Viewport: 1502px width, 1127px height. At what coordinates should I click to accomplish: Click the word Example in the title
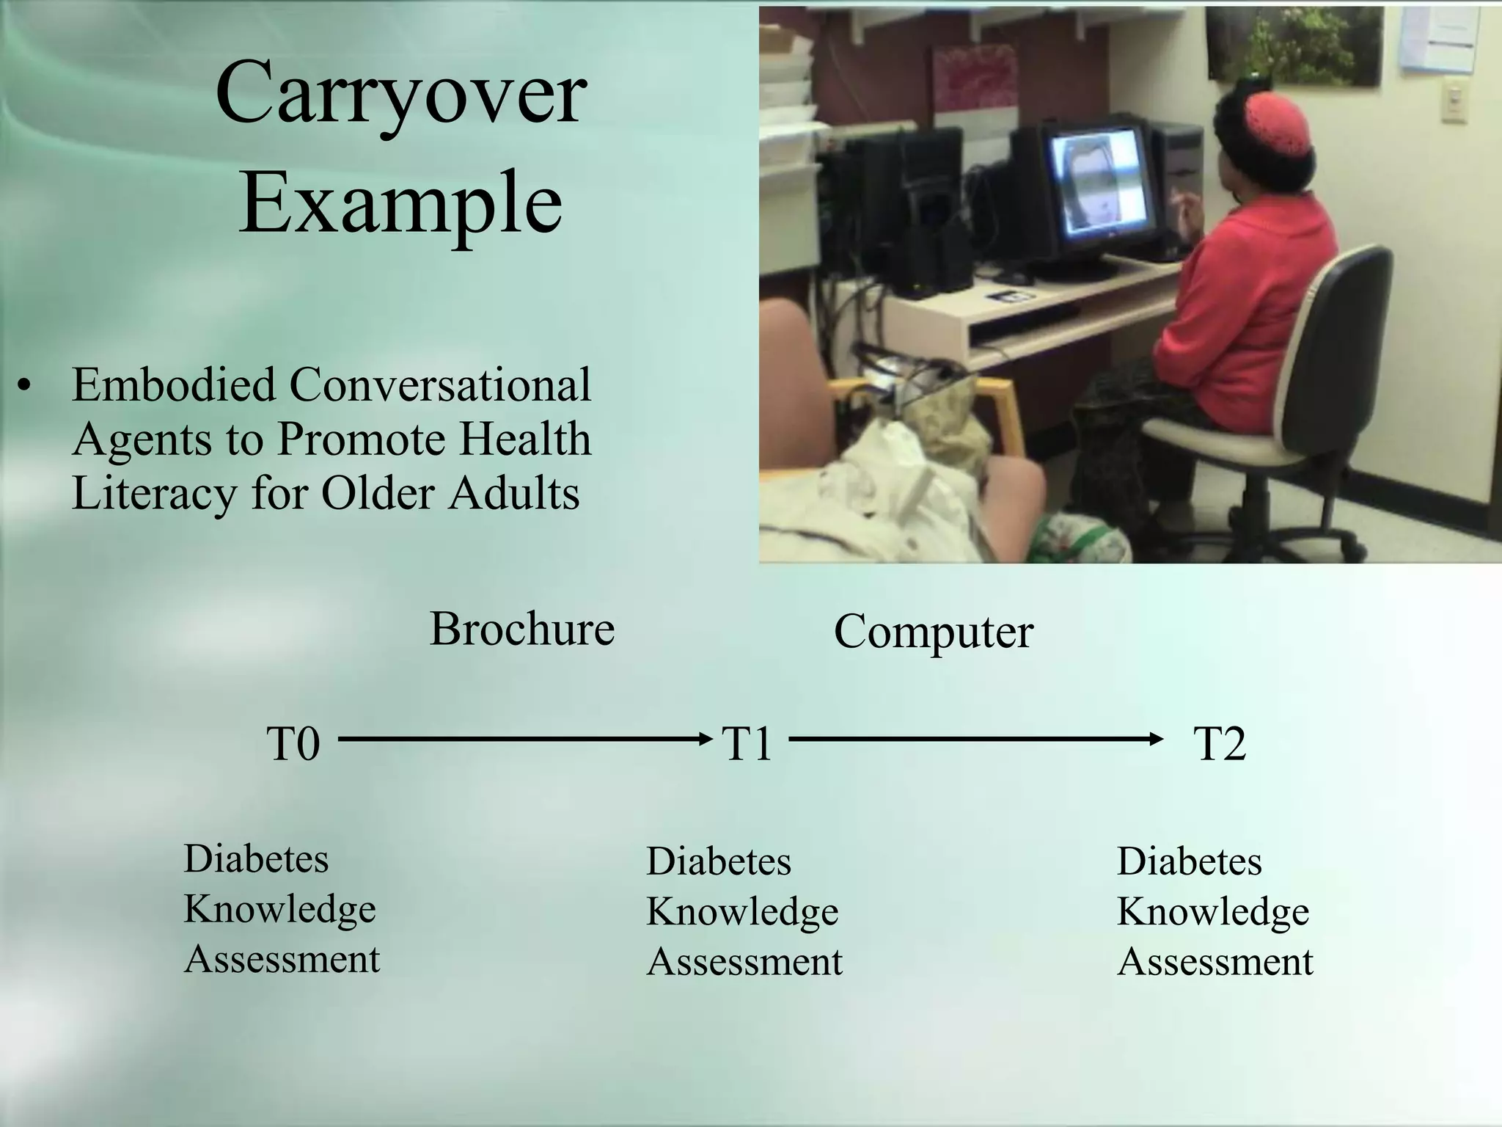[400, 202]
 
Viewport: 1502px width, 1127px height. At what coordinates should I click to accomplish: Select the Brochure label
[521, 629]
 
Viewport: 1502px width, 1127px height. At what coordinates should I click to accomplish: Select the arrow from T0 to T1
[524, 738]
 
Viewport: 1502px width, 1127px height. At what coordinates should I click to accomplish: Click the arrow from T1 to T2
[975, 738]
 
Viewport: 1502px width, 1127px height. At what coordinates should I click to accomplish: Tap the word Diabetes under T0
[256, 858]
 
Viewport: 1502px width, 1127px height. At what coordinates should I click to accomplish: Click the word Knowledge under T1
[742, 911]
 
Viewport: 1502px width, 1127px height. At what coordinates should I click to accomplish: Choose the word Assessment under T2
[1215, 961]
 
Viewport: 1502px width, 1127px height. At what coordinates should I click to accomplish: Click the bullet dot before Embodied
[26, 387]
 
